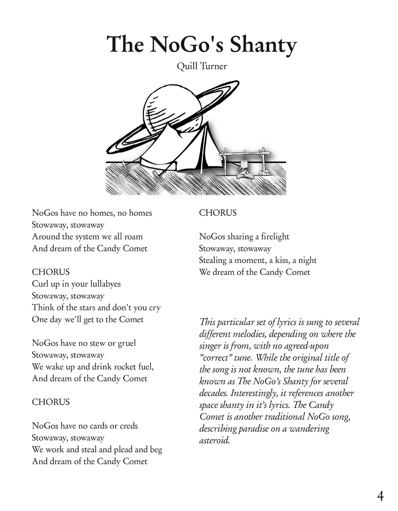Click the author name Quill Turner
pos(202,66)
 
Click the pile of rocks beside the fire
pos(265,172)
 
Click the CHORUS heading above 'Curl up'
pos(51,272)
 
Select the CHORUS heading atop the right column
pos(218,213)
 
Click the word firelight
pos(275,237)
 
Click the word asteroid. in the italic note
pos(215,441)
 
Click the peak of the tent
pos(169,123)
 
